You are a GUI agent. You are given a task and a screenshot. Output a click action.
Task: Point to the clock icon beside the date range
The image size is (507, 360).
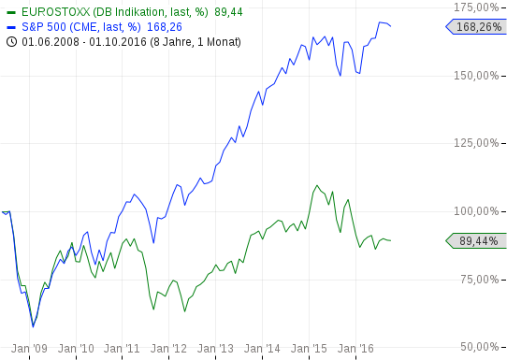tap(9, 41)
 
